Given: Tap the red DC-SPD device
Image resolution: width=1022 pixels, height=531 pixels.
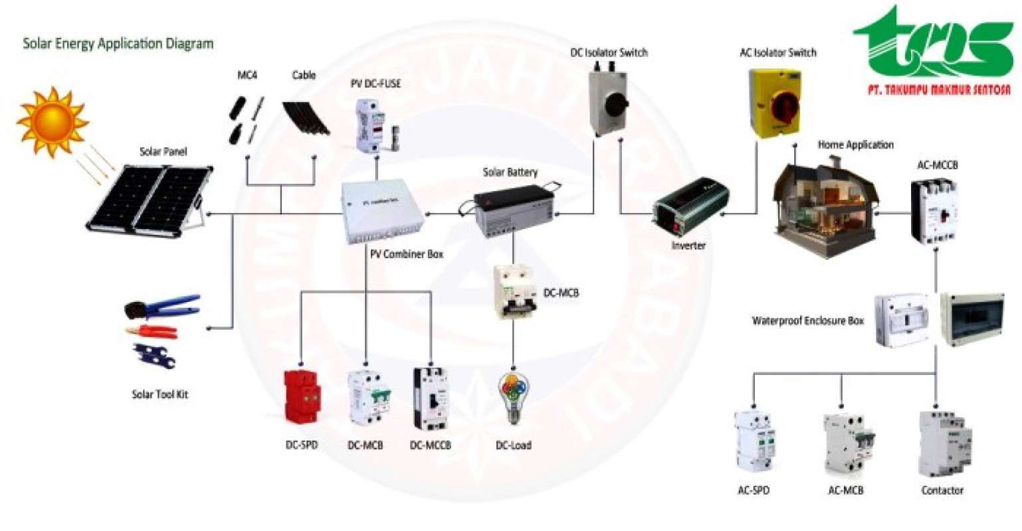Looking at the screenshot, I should pos(301,396).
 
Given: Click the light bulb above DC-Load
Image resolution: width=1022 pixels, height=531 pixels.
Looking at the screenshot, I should pos(513,397).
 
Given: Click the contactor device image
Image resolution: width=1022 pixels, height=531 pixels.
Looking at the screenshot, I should pos(944,443).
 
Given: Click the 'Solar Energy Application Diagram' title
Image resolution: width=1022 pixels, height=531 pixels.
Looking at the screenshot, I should pos(118,44).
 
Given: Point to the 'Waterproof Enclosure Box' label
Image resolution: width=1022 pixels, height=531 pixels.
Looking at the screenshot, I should pos(807,321).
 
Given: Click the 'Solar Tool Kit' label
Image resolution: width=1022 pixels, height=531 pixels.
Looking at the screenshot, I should pos(159,394).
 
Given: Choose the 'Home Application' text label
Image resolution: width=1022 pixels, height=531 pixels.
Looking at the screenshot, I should pos(855,145).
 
